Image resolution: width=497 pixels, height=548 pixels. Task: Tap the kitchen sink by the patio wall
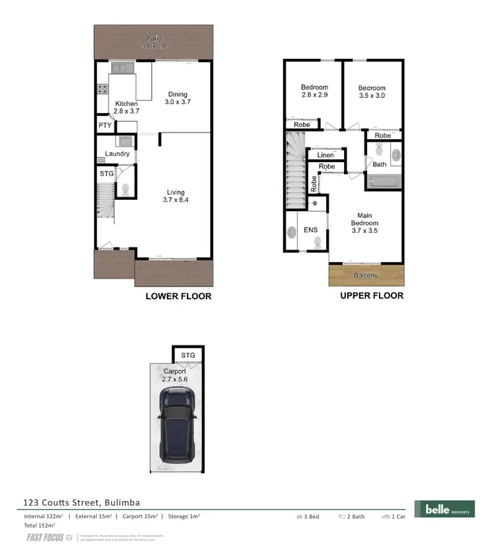[x=122, y=68]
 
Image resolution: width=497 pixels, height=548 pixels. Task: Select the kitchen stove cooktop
[x=103, y=89]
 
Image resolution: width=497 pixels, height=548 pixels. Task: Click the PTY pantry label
[x=105, y=125]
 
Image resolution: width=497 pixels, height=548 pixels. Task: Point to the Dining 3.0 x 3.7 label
[x=177, y=98]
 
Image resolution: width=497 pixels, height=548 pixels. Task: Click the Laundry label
[x=117, y=154]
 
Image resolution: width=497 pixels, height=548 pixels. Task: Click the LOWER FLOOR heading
[x=178, y=296]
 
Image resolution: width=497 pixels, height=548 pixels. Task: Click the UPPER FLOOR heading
[x=372, y=295]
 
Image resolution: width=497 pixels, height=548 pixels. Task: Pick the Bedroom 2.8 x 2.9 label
[x=314, y=91]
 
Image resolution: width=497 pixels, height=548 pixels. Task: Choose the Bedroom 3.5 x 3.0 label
[x=372, y=92]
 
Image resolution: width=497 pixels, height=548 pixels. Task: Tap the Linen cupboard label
[x=325, y=155]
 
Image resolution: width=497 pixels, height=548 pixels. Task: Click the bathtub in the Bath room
[x=384, y=181]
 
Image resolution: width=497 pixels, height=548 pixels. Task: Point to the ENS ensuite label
[x=311, y=230]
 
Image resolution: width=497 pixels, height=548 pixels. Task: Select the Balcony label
[x=366, y=275]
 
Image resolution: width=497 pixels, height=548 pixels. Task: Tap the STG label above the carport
[x=188, y=355]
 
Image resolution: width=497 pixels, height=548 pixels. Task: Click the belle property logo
[x=444, y=508]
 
